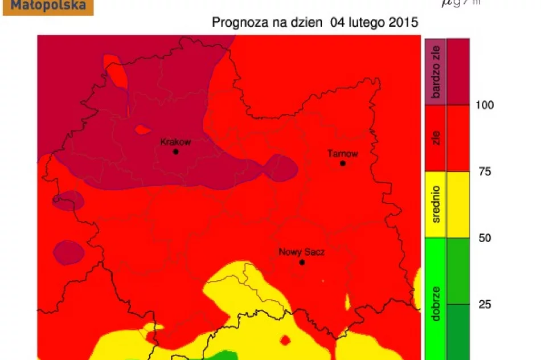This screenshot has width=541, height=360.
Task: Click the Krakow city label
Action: click(x=175, y=142)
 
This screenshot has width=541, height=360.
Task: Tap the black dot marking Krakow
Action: click(x=175, y=152)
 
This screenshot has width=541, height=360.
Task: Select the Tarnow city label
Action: click(x=343, y=153)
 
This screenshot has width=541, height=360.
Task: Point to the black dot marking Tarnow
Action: click(x=343, y=163)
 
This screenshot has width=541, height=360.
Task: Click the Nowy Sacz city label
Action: click(x=301, y=252)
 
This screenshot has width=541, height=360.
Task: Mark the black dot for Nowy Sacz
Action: click(x=302, y=263)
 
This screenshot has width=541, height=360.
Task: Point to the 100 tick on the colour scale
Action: click(x=485, y=105)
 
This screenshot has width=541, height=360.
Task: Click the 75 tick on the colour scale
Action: click(x=484, y=171)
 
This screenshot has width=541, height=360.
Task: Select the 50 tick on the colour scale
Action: click(x=484, y=238)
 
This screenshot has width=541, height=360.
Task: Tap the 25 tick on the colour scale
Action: click(x=484, y=304)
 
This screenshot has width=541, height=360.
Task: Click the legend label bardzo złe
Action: click(x=436, y=72)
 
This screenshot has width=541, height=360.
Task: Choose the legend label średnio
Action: click(x=436, y=205)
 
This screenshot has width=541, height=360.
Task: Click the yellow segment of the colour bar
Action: click(x=458, y=205)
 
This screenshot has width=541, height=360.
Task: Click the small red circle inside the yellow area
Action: click(x=285, y=340)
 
